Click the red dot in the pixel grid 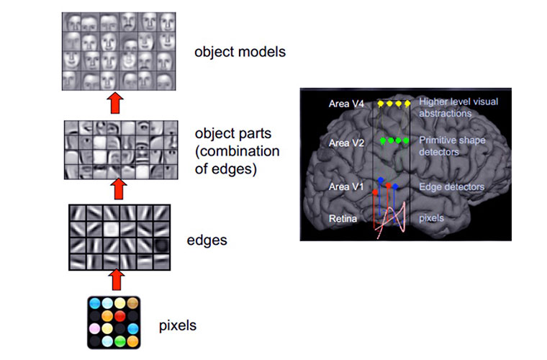click(119, 315)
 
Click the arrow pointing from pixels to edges click(114, 280)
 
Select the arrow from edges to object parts click(114, 190)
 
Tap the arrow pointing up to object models click(114, 103)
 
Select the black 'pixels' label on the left click(177, 325)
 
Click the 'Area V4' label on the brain click(347, 104)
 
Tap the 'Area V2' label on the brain click(347, 143)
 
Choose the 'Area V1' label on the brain click(347, 187)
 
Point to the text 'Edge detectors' click(451, 187)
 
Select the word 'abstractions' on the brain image click(445, 113)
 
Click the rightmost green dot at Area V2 click(407, 140)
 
